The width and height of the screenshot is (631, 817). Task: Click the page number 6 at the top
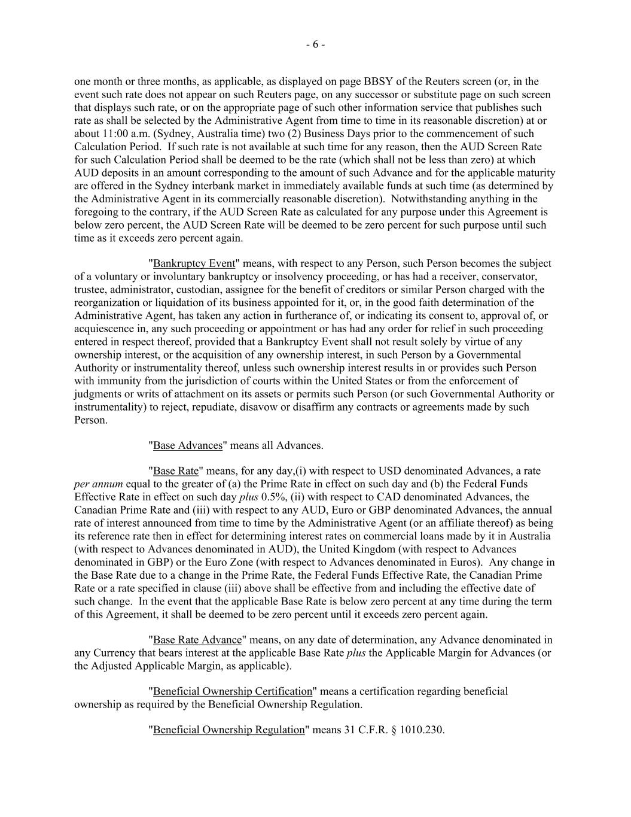[315, 44]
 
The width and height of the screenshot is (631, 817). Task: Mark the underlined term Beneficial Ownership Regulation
[229, 730]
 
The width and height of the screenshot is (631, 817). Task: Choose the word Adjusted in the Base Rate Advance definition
[112, 666]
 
